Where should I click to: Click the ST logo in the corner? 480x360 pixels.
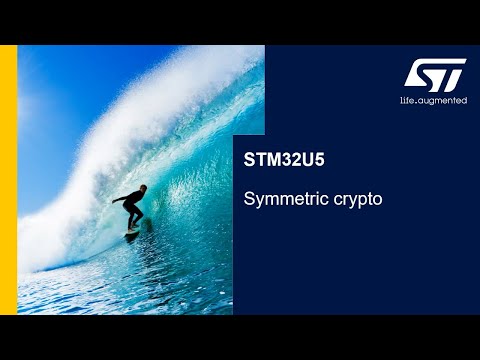click(435, 75)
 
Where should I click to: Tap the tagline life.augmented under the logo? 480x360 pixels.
click(434, 101)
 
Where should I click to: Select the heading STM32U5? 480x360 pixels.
click(278, 159)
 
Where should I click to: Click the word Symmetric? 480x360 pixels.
click(280, 199)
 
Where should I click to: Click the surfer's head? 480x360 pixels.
click(141, 189)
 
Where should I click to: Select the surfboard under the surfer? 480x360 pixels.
click(132, 233)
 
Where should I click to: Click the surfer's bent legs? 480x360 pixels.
click(134, 218)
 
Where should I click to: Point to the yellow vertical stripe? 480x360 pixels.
click(8, 180)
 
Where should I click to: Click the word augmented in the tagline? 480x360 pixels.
click(444, 101)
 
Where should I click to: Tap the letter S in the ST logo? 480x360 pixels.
click(422, 75)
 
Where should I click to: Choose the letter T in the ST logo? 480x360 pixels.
click(449, 75)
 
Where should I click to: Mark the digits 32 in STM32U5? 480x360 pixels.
click(286, 159)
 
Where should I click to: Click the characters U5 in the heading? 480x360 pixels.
click(303, 159)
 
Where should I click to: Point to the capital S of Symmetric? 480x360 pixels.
click(250, 199)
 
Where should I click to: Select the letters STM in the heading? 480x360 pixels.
click(260, 159)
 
